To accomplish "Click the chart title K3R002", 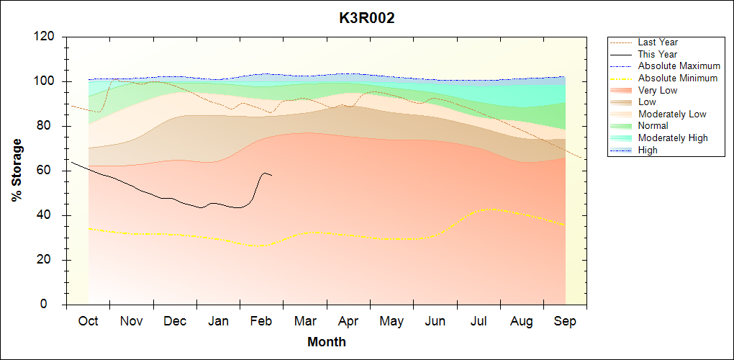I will pos(367,19).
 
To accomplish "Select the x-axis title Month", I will pos(327,342).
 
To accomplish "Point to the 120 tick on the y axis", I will pos(47,37).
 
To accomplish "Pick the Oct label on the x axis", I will pos(88,321).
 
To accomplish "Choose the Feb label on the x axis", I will pos(261,321).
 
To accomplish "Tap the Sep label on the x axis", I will pos(565,321).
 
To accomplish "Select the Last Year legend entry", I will pos(658,42).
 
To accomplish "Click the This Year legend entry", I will pos(658,54).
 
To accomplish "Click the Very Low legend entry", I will pos(658,90).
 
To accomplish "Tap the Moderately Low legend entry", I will pos(672,114).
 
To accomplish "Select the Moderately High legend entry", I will pos(673,138).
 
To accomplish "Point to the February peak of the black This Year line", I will pos(266,173).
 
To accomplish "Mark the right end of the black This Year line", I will pos(272,175).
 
